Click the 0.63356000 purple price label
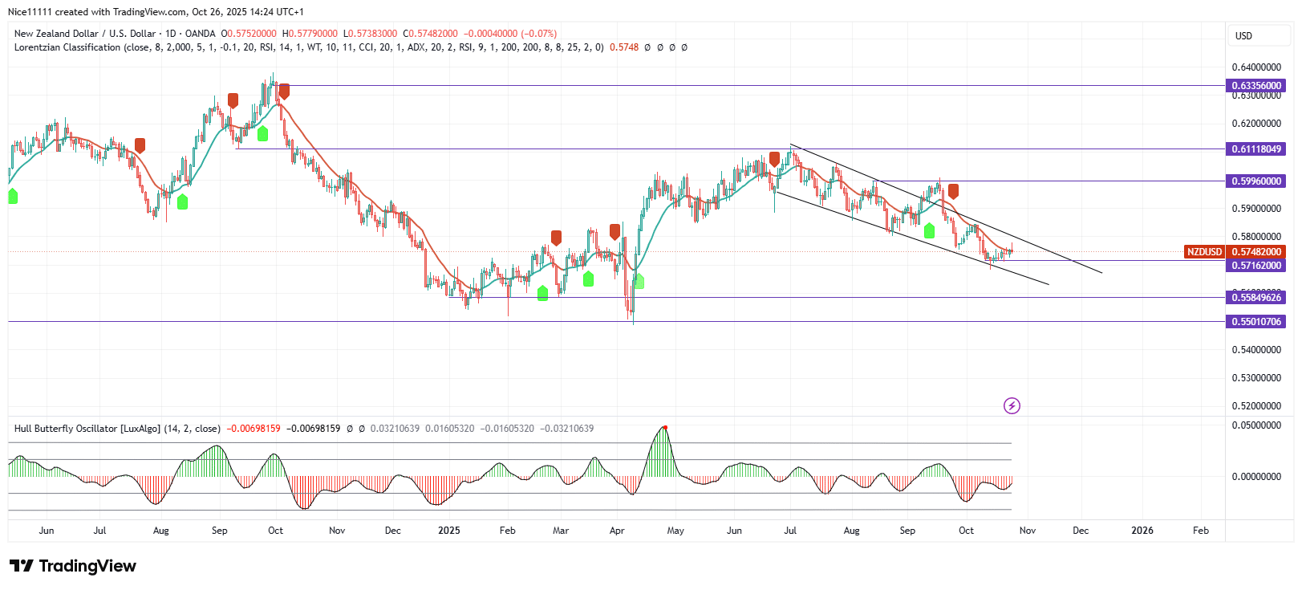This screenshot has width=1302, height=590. (1256, 86)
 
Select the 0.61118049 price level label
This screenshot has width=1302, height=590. (1256, 149)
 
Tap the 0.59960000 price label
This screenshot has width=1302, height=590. (1256, 181)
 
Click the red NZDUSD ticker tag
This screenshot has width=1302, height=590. (1204, 252)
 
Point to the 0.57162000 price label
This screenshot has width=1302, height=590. (1256, 266)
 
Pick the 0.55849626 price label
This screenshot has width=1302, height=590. (1256, 298)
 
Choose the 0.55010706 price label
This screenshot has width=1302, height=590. (1256, 322)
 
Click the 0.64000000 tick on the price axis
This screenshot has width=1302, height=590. (1256, 67)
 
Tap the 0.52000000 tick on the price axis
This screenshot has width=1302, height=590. (1256, 406)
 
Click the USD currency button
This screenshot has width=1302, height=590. (1243, 36)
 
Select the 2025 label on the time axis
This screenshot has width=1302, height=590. (449, 531)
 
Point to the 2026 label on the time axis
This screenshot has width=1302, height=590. (1142, 531)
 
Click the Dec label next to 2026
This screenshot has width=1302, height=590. (1081, 531)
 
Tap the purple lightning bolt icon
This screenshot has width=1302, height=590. (1012, 406)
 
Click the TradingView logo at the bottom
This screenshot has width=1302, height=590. (73, 566)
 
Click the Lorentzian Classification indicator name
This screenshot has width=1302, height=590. (67, 47)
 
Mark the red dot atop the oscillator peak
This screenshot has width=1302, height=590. (665, 427)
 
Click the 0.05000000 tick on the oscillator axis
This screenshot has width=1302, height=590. (1256, 425)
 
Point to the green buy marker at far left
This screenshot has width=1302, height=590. (13, 196)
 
